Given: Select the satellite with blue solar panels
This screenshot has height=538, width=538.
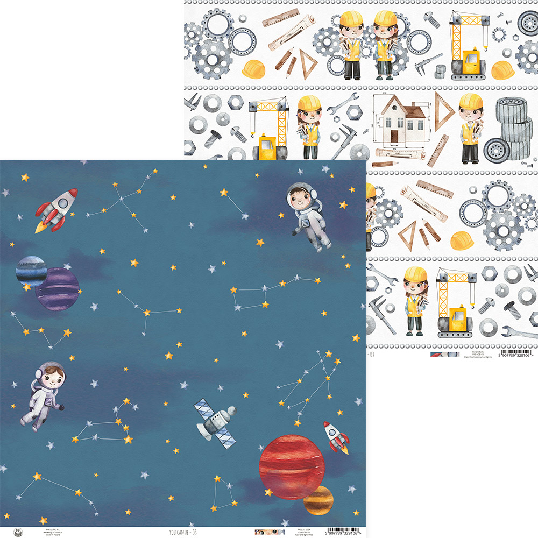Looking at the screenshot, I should point(216,422).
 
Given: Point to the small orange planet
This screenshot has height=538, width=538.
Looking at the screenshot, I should point(318,500).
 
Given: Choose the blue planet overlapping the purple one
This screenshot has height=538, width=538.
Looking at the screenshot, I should point(30,271).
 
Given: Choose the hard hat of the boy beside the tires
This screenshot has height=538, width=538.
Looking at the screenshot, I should point(471,102).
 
